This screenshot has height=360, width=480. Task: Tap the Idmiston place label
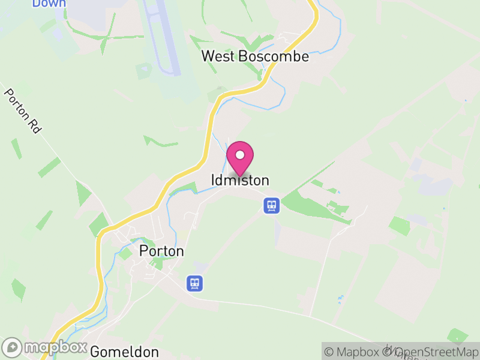click(x=240, y=181)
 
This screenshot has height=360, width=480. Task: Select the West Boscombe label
click(x=255, y=56)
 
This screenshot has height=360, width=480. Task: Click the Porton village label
click(x=161, y=251)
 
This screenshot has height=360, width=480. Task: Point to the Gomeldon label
click(x=125, y=352)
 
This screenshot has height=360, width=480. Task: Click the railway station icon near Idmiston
click(x=271, y=206)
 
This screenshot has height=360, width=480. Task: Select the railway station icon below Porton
click(x=194, y=283)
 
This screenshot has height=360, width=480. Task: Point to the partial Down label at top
click(x=49, y=4)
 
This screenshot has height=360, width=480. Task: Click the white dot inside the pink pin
click(x=240, y=155)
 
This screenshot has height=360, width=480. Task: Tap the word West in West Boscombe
click(x=218, y=56)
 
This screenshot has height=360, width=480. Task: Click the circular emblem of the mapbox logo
click(x=13, y=347)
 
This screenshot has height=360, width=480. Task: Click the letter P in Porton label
click(x=143, y=251)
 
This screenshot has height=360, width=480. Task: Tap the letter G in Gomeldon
click(x=95, y=352)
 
